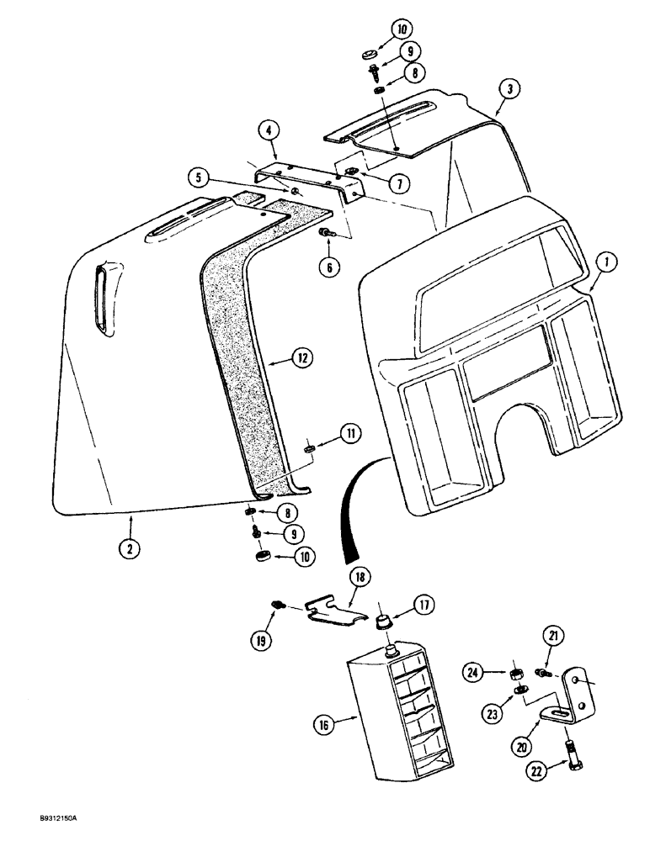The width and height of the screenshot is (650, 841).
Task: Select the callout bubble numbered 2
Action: [x=129, y=547]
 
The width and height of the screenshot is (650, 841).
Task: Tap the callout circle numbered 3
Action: [x=506, y=87]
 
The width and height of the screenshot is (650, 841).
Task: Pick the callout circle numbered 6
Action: [x=328, y=267]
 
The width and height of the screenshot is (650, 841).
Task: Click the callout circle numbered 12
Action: [x=279, y=357]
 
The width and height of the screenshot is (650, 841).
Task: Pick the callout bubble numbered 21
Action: [x=552, y=636]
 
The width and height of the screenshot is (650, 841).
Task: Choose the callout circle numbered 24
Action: [x=473, y=671]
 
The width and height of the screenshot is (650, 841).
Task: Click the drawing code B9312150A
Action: [x=40, y=828]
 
